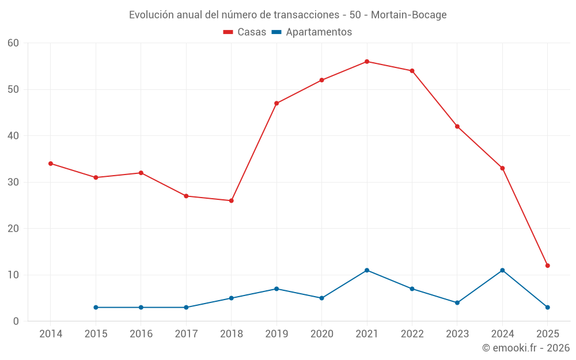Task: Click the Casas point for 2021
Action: (367, 62)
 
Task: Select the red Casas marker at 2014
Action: (51, 164)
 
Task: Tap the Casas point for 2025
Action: (548, 266)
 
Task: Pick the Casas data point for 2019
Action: (276, 103)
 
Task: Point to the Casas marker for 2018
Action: (231, 200)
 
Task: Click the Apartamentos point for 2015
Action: (96, 308)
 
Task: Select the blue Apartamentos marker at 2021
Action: (367, 270)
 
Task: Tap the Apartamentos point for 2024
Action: (502, 270)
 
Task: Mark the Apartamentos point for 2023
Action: (457, 302)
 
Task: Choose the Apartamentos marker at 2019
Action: (276, 289)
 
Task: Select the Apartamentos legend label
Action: (319, 32)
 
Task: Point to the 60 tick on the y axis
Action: (14, 43)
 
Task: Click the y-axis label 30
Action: (14, 182)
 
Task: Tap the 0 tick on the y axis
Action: (16, 321)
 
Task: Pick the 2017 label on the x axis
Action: (186, 334)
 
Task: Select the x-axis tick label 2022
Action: (412, 334)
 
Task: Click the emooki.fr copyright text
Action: (526, 348)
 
